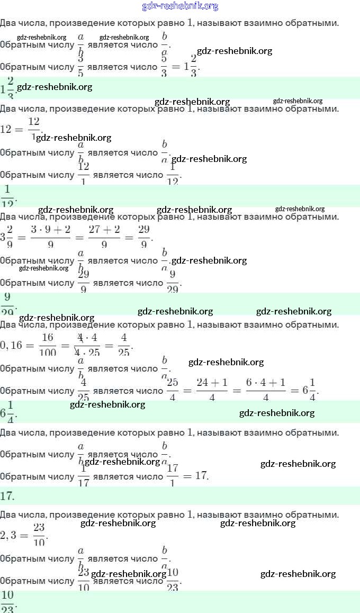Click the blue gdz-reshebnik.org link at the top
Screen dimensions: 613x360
[x=180, y=6]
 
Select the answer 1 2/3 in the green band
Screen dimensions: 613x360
[x=8, y=87]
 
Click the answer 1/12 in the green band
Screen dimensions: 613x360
[x=8, y=196]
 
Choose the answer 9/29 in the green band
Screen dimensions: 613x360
[x=8, y=304]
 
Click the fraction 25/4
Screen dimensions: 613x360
[x=173, y=391]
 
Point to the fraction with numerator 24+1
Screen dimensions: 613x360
[x=212, y=391]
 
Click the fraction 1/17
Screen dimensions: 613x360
[x=83, y=476]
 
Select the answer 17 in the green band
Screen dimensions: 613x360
[x=7, y=496]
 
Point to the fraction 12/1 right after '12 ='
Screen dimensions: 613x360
[x=34, y=129]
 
